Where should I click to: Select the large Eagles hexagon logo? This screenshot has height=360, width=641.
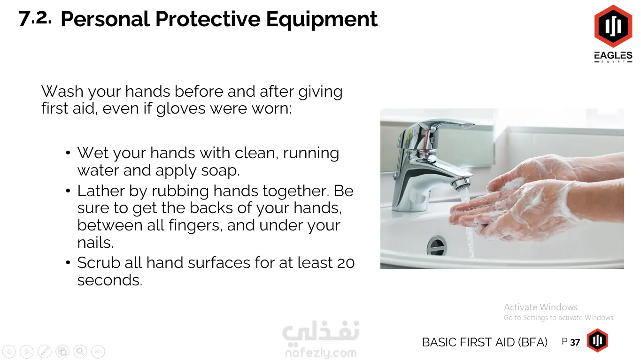pos(613,26)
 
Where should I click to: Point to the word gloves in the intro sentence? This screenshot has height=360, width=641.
pos(181,109)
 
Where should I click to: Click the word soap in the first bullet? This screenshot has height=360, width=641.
pos(220,171)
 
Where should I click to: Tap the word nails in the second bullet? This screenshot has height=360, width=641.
pos(95,242)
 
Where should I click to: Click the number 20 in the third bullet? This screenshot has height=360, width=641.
pos(346,263)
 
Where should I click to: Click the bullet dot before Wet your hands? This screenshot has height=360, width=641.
pos(68,153)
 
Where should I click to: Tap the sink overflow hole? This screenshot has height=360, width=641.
pos(436,245)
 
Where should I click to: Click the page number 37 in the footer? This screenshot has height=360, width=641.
pos(575,342)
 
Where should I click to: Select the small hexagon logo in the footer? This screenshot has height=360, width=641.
pos(597,340)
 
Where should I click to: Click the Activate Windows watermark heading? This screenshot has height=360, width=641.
pos(541,307)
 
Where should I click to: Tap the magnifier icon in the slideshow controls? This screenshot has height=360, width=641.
pos(80,352)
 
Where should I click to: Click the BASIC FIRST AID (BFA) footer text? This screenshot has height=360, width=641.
pos(485,342)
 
